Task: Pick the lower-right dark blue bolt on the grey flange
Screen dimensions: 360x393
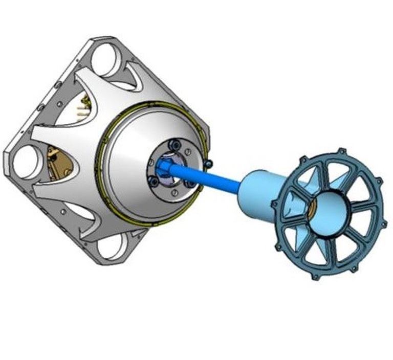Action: pos(190,183)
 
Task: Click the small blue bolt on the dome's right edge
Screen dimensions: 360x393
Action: pos(208,163)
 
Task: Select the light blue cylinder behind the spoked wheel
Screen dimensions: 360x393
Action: pos(256,192)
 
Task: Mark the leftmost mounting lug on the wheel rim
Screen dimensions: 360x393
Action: pos(275,204)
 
